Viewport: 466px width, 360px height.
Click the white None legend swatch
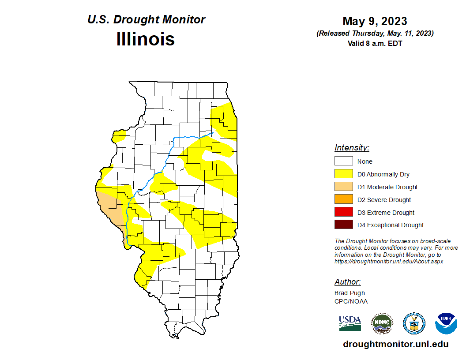coord(343,161)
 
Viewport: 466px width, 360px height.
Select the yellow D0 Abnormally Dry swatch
coord(343,174)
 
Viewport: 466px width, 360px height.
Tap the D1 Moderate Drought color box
coord(343,187)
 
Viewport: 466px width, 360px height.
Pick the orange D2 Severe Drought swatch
coord(343,200)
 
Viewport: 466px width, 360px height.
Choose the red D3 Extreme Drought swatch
coord(343,212)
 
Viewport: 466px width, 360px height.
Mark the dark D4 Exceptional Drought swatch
coord(343,225)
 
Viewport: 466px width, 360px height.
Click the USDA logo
coord(350,323)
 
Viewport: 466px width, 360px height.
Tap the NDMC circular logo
coord(382,323)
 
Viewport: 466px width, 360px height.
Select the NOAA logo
coord(446,323)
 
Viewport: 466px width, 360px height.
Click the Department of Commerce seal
coord(414,323)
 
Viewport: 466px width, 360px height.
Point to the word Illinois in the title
coord(146,39)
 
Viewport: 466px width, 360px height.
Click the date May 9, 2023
coord(375,21)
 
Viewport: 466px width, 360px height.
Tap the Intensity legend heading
coord(352,148)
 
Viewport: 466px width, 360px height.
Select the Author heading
coord(347,282)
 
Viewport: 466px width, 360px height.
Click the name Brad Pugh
coord(349,293)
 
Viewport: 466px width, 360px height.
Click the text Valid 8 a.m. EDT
coord(375,43)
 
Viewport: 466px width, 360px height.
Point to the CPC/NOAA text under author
coord(351,301)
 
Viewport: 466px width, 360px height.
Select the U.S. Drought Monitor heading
coord(146,20)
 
